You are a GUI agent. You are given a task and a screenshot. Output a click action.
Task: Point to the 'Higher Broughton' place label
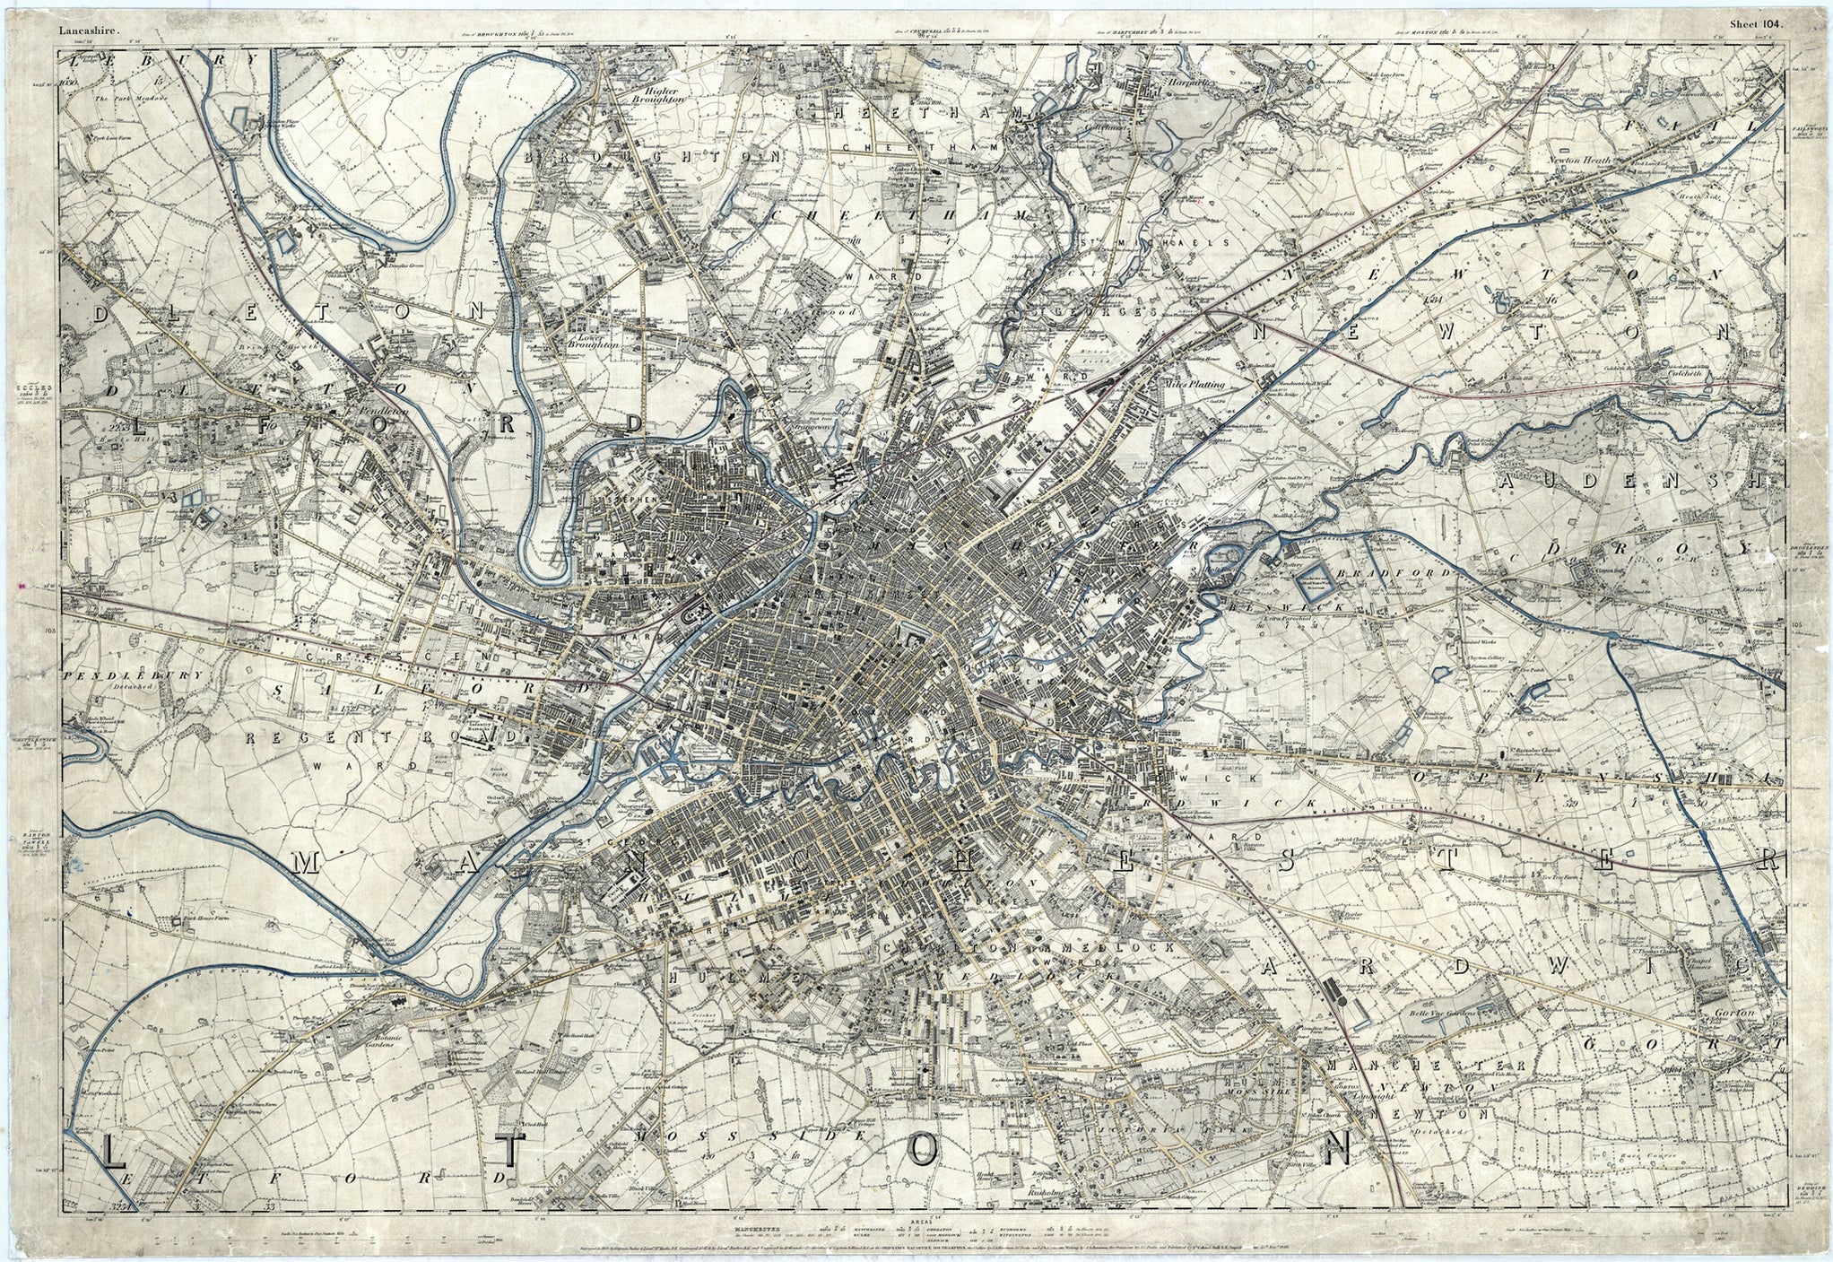tap(664, 95)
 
